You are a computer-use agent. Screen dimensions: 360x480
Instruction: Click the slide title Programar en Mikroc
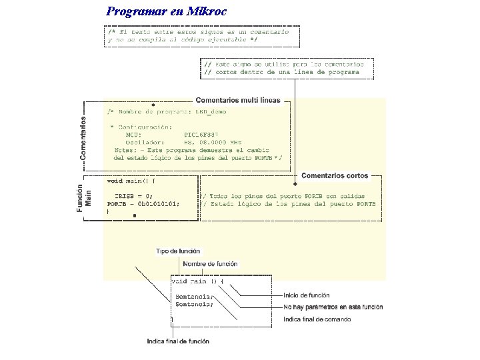(x=167, y=11)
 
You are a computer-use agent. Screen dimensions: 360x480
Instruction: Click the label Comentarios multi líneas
(x=238, y=100)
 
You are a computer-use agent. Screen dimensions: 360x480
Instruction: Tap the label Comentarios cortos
(x=335, y=176)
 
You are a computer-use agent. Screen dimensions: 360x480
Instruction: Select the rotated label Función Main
(x=83, y=198)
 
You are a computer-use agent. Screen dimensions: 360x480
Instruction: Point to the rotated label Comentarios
(x=83, y=138)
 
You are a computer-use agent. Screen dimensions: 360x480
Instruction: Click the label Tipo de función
(x=178, y=251)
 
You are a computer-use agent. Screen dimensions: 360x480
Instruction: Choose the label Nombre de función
(x=210, y=264)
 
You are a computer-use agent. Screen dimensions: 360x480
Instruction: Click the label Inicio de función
(x=307, y=295)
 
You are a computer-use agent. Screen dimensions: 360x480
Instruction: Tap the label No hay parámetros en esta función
(x=333, y=307)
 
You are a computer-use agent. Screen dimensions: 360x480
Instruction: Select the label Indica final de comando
(x=317, y=319)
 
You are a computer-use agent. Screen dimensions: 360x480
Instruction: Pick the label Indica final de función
(x=178, y=341)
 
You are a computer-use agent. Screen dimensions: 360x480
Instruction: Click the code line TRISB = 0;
(x=133, y=196)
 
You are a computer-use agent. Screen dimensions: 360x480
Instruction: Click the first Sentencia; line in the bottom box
(x=194, y=296)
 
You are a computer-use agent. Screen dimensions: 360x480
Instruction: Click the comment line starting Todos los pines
(x=289, y=196)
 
